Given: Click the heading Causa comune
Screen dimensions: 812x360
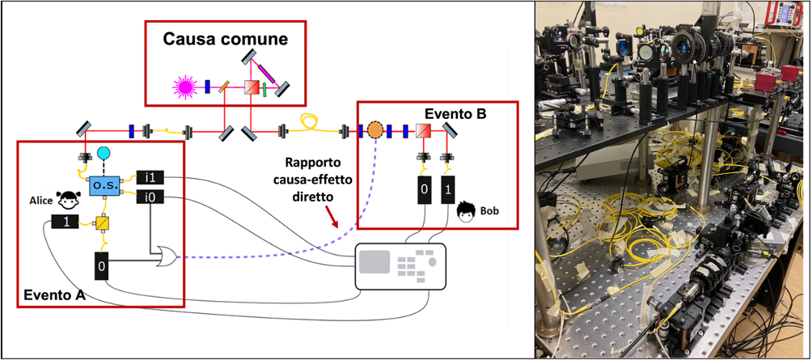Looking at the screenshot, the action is click(x=226, y=40).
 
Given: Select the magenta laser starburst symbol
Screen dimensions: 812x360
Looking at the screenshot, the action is click(x=185, y=87).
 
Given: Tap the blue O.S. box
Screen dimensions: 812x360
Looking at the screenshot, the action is click(x=105, y=185).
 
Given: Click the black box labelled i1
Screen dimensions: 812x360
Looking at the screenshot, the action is click(x=150, y=177).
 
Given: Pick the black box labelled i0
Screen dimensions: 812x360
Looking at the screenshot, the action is click(x=150, y=197).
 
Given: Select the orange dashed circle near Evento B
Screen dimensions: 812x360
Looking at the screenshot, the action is click(x=375, y=130).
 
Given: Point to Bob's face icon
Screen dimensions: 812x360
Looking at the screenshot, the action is click(x=467, y=211).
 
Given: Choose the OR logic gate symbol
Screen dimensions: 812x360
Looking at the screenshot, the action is click(x=167, y=254).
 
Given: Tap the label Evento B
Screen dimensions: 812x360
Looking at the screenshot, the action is click(x=455, y=115).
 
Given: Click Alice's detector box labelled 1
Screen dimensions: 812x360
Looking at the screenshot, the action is click(x=65, y=222).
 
